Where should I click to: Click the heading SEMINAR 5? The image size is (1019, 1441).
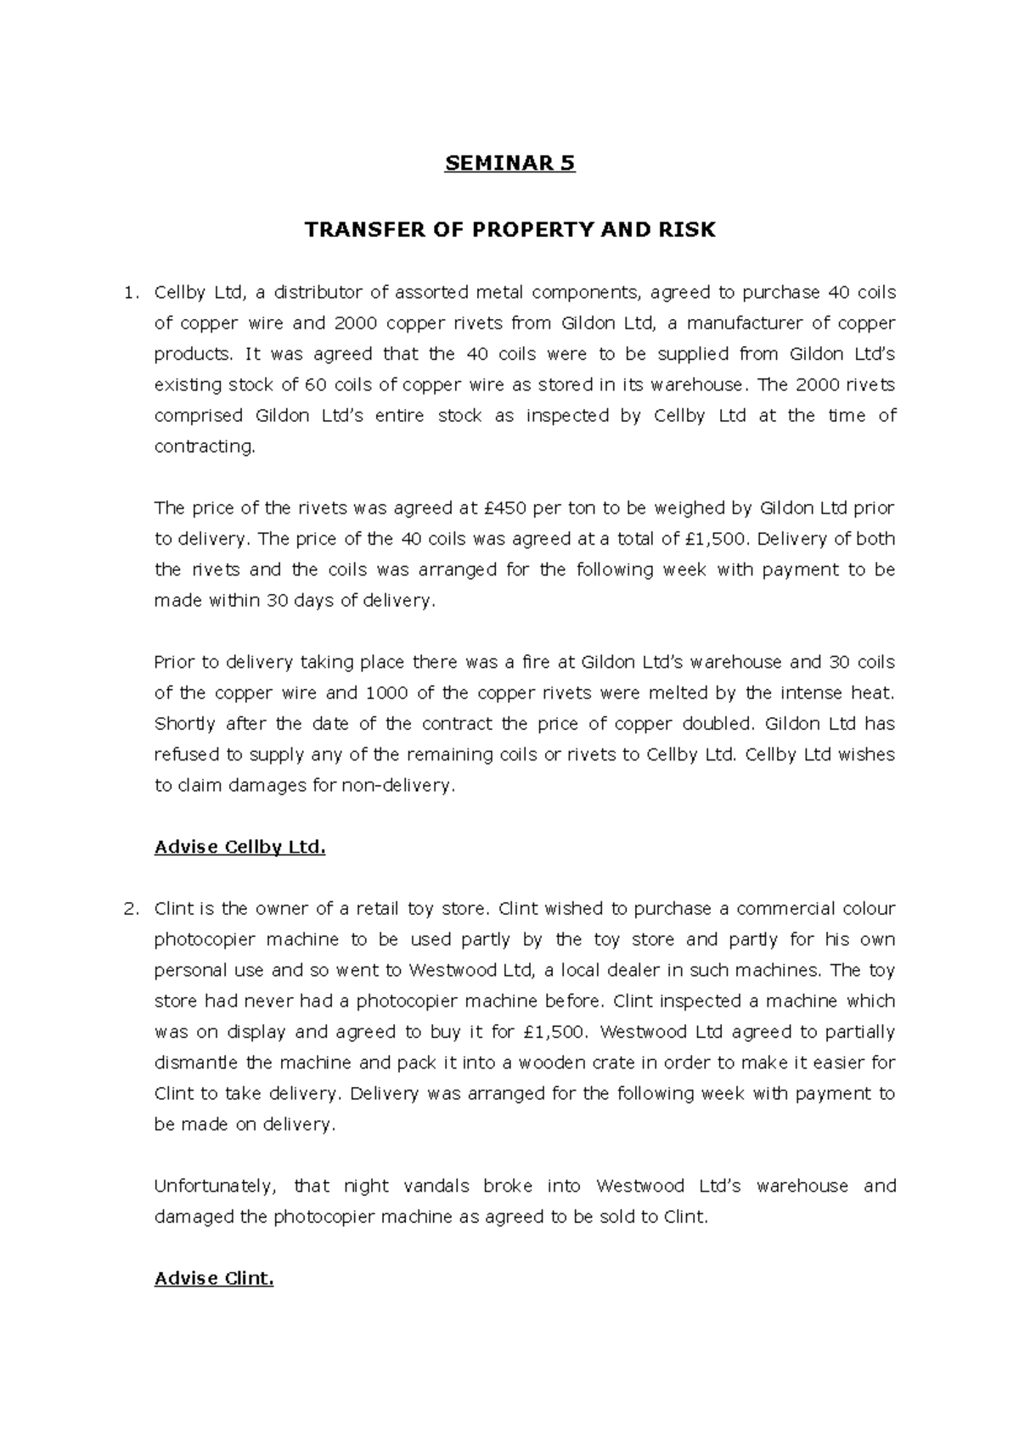509,163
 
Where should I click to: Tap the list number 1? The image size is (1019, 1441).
129,293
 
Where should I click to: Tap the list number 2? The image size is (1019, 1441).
129,909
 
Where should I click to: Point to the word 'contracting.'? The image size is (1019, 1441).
204,446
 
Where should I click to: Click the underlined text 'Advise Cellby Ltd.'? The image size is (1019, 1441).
240,847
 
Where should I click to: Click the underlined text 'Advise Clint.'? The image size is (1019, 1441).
214,1278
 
